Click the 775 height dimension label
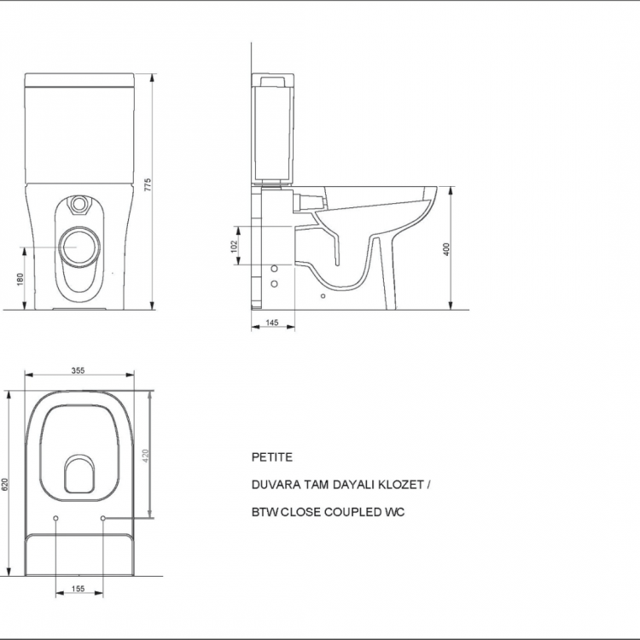pyautogui.click(x=148, y=184)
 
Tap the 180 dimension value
pyautogui.click(x=20, y=279)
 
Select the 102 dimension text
pyautogui.click(x=234, y=246)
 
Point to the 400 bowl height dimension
pyautogui.click(x=446, y=249)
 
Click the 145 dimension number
pyautogui.click(x=272, y=323)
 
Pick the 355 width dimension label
pyautogui.click(x=78, y=370)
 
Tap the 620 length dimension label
pyautogui.click(x=5, y=485)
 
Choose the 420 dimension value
pyautogui.click(x=146, y=456)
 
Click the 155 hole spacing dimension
pyautogui.click(x=78, y=588)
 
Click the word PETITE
pyautogui.click(x=272, y=457)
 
